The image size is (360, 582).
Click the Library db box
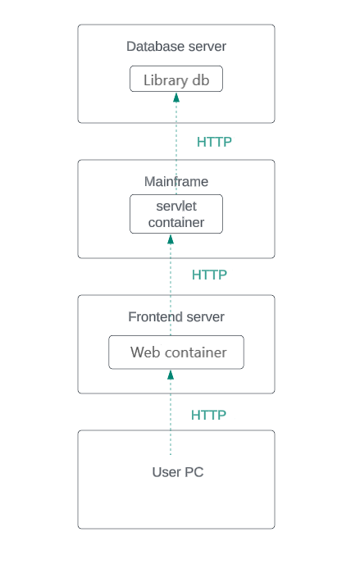click(176, 80)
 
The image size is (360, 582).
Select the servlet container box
click(176, 214)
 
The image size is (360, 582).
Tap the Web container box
click(176, 352)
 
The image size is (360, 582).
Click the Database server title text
click(176, 47)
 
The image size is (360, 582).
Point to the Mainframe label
click(176, 182)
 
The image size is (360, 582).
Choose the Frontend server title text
click(176, 317)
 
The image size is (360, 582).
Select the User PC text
click(178, 472)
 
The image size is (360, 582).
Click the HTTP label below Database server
click(214, 142)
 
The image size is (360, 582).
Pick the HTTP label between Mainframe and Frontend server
click(209, 275)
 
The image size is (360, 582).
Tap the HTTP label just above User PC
click(208, 416)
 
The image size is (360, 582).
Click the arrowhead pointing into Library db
click(176, 98)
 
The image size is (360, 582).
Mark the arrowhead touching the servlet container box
click(171, 239)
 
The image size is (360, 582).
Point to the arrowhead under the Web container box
click(171, 375)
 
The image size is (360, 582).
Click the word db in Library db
click(201, 80)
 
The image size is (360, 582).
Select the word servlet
click(176, 207)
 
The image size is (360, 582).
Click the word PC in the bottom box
click(194, 472)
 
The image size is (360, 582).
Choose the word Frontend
click(155, 317)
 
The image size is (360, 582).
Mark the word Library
click(165, 80)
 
